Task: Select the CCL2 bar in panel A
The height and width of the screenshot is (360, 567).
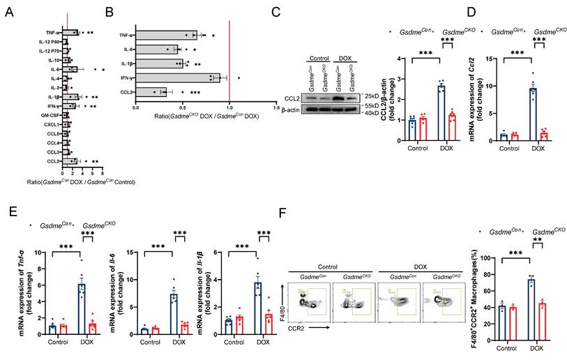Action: click(68, 160)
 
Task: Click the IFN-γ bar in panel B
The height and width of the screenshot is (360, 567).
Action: click(177, 77)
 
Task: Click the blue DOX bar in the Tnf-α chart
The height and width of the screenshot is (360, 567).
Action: click(81, 310)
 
